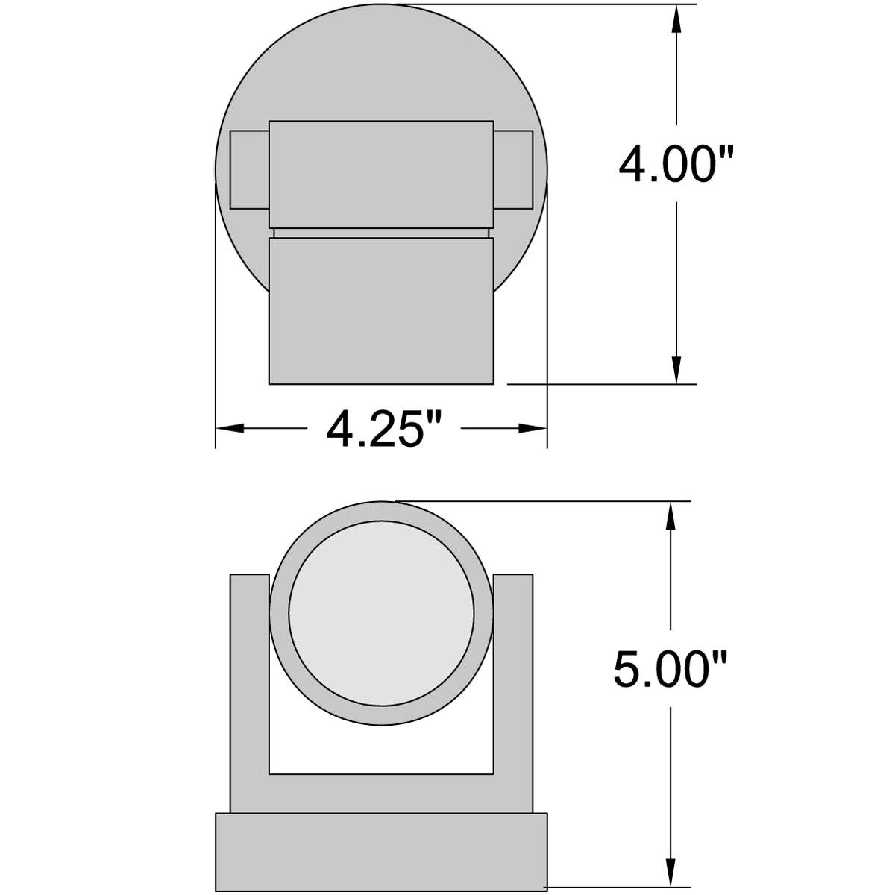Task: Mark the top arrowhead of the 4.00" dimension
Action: pyautogui.click(x=676, y=19)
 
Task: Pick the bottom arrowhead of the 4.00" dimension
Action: pyautogui.click(x=676, y=371)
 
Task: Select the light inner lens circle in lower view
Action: pyautogui.click(x=381, y=618)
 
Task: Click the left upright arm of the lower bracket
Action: pyautogui.click(x=249, y=686)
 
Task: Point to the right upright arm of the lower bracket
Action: pyautogui.click(x=513, y=686)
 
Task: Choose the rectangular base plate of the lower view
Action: pyautogui.click(x=381, y=852)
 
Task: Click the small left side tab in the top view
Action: pyautogui.click(x=249, y=170)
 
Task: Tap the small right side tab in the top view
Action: pyautogui.click(x=513, y=170)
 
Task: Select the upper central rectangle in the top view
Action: pyautogui.click(x=381, y=173)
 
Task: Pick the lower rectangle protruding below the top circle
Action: pyautogui.click(x=381, y=310)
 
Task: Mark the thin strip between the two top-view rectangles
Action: pyautogui.click(x=381, y=233)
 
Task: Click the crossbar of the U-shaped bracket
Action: pyautogui.click(x=381, y=794)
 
